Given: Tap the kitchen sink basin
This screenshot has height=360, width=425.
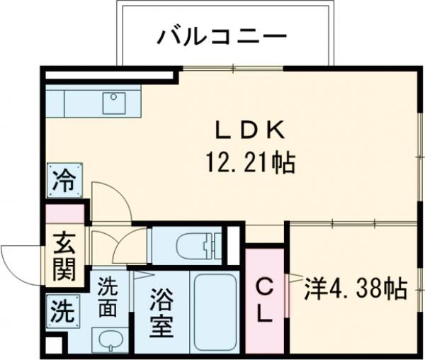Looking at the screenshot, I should (x=114, y=103).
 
